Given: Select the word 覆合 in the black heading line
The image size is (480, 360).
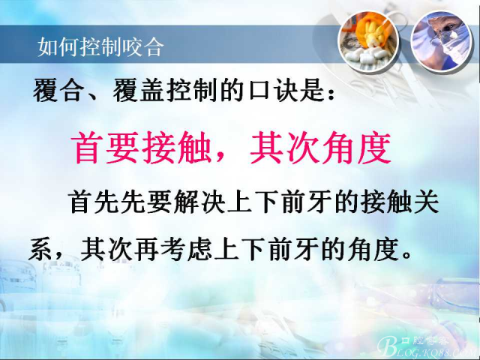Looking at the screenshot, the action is pyautogui.click(x=58, y=90).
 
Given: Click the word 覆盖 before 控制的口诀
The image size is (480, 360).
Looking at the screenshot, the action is pyautogui.click(x=139, y=90).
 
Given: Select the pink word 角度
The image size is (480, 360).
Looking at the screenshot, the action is pyautogui.click(x=355, y=147).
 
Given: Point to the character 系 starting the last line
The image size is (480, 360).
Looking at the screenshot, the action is pyautogui.click(x=40, y=250).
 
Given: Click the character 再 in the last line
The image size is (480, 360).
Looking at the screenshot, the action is pyautogui.click(x=146, y=250).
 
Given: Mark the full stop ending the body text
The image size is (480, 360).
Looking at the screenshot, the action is pyautogui.click(x=407, y=255).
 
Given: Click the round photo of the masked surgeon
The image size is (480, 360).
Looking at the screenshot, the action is pyautogui.click(x=442, y=40).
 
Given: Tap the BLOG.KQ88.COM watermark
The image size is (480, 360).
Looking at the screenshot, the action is pyautogui.click(x=427, y=346).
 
